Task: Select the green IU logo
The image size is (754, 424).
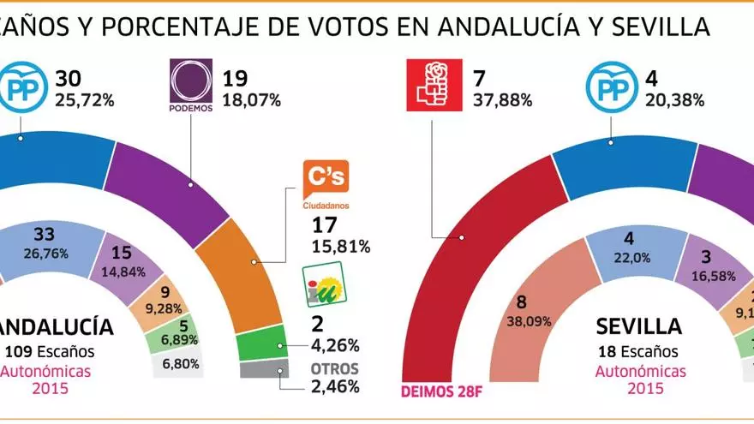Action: point(326,286)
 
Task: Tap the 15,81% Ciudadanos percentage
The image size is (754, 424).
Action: point(340,247)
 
